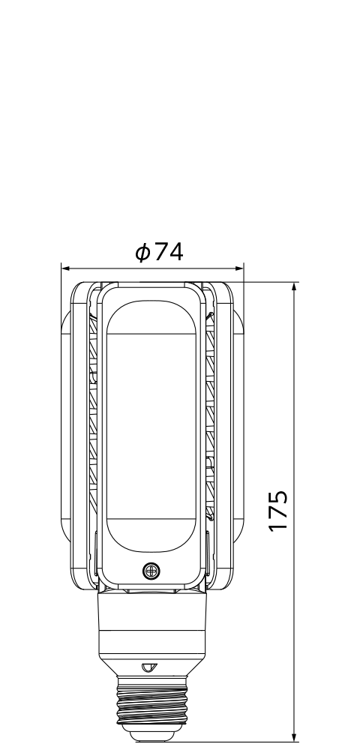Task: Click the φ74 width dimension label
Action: click(x=159, y=252)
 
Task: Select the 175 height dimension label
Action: click(x=278, y=510)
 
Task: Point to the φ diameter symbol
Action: click(x=142, y=252)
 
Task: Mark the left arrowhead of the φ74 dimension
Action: click(x=65, y=268)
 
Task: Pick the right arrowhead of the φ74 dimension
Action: click(x=239, y=268)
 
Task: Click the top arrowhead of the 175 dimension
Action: click(x=295, y=287)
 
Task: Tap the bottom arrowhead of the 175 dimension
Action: click(x=295, y=737)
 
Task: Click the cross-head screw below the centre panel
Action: click(x=151, y=571)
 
